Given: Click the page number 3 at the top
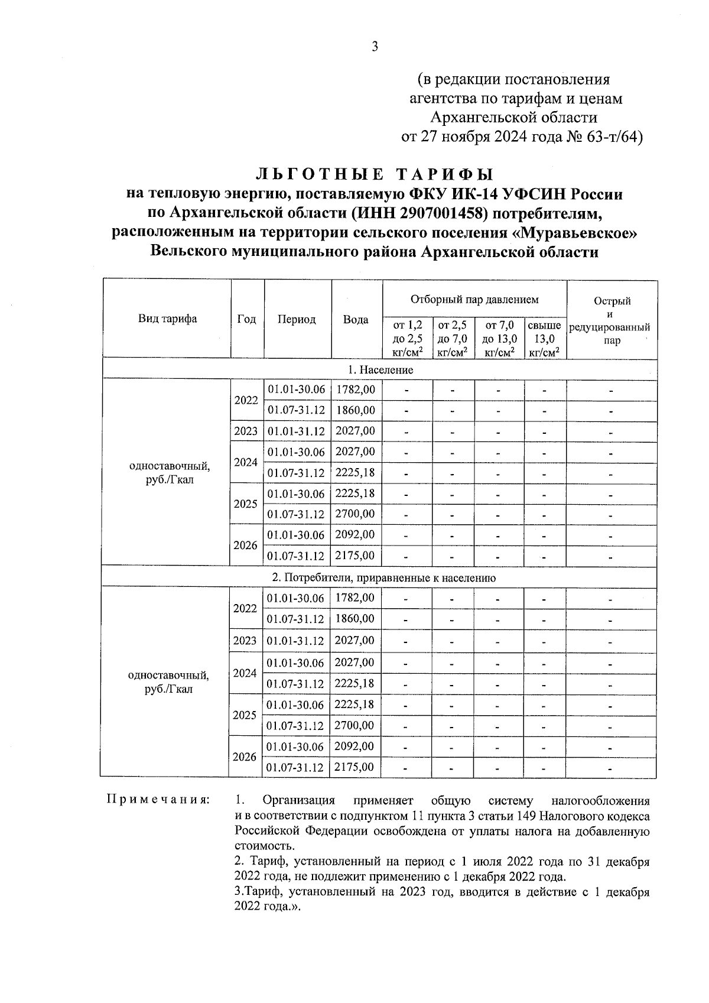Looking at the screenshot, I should pos(374,47).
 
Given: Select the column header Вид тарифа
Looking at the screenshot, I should pos(167,319).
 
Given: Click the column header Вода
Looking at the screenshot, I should pos(356,320).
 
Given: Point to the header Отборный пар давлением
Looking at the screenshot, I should pos(474,300).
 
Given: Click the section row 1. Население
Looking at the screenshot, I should pos(380,370).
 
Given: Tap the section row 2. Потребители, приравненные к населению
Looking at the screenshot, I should pos(380,578).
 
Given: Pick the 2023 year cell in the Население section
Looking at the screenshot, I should pos(246,431).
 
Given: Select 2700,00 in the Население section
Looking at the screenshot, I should pos(355,514).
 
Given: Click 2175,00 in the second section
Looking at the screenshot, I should pos(354,768).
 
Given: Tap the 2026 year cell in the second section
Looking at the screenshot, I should pos(245,757).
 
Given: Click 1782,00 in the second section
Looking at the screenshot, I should pos(354,598).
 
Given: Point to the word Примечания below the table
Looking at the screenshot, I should pos(158,800).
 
